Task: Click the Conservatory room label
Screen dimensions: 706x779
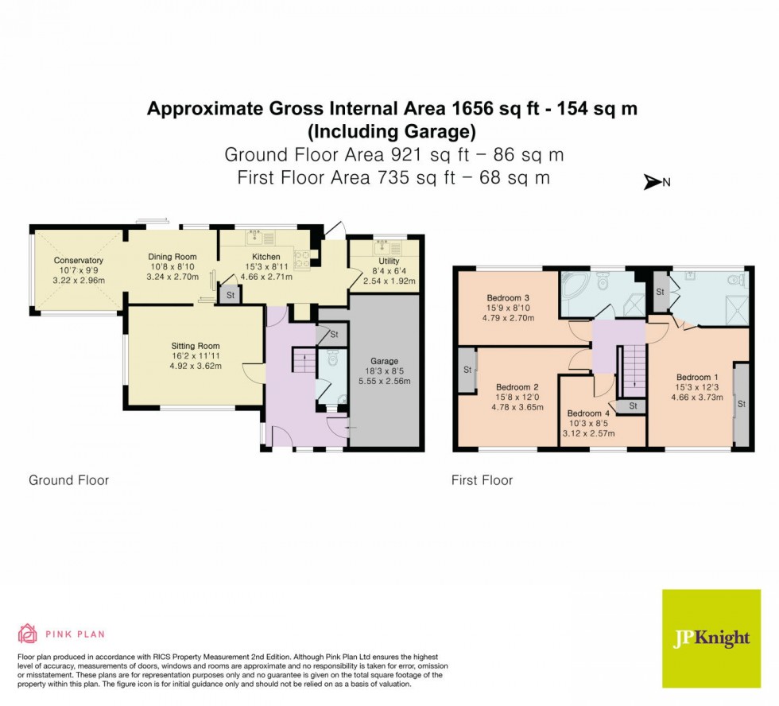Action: point(79,261)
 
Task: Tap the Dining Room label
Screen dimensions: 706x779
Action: point(172,257)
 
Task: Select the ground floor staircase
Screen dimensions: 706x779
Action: point(303,362)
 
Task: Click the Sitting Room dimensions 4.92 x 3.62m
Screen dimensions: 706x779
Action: point(195,367)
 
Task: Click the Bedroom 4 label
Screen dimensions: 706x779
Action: point(589,413)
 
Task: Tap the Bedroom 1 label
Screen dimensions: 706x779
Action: point(697,377)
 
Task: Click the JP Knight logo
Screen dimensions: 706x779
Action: point(711,638)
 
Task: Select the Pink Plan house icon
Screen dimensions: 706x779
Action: point(28,634)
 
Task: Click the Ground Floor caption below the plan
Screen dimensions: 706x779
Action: point(68,480)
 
